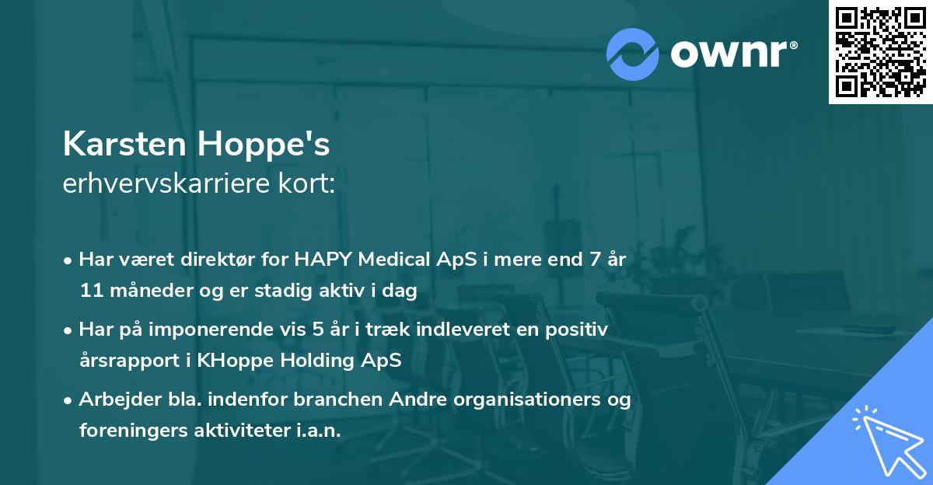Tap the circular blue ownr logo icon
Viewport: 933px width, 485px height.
point(633,54)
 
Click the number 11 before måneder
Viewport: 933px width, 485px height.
point(89,291)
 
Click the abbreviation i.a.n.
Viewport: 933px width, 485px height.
point(319,431)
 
